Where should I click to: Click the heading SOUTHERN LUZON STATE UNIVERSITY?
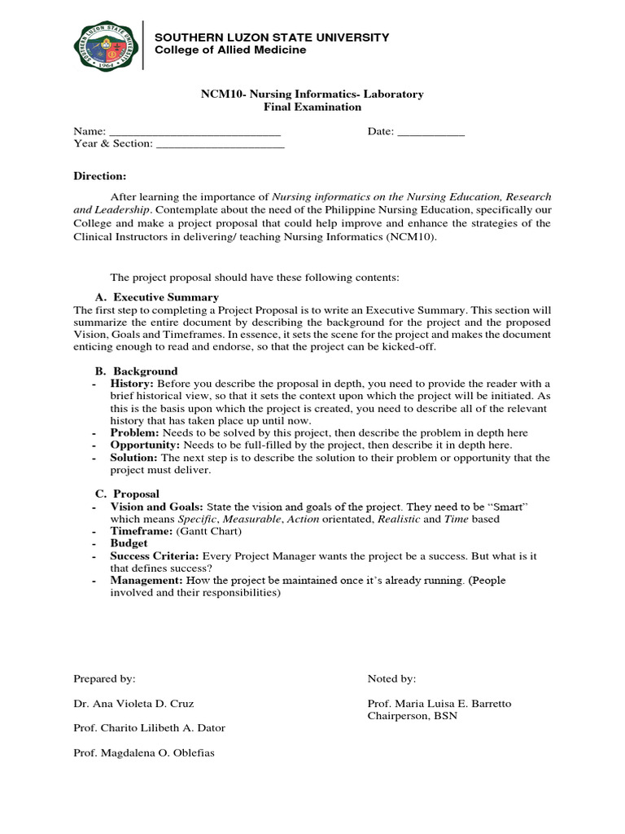(x=272, y=37)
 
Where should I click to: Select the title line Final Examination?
(x=312, y=107)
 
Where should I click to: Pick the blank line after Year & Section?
(x=220, y=145)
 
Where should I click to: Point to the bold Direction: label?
(x=100, y=176)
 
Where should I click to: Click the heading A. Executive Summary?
(x=157, y=297)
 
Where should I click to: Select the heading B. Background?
(x=136, y=371)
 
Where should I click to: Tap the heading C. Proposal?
(x=127, y=494)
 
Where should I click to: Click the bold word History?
(x=132, y=384)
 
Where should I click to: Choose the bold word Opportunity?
(x=146, y=446)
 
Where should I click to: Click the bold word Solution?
(x=134, y=458)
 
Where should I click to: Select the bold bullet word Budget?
(x=129, y=543)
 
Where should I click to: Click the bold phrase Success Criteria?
(x=155, y=555)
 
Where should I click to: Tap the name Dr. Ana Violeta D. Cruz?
(x=133, y=704)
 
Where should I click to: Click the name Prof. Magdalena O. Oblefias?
(x=144, y=753)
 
